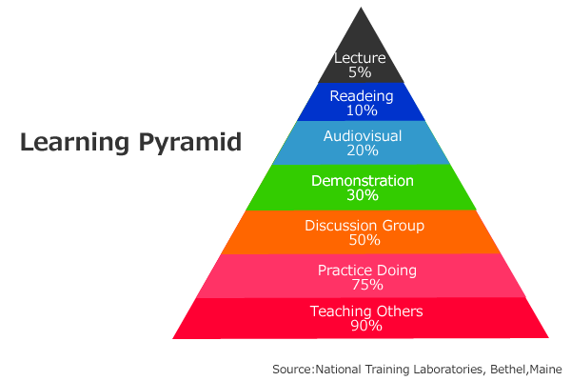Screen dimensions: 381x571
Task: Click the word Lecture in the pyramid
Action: coord(360,58)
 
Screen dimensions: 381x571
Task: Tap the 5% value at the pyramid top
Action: coord(360,72)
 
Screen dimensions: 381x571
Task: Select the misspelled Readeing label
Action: coord(362,96)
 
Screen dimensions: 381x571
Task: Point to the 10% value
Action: coord(362,110)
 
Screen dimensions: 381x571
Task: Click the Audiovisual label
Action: coord(363,136)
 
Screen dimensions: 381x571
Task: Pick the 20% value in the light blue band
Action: coord(363,150)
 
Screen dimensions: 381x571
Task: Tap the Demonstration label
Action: coord(363,180)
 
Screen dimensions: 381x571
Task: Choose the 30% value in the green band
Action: coord(363,194)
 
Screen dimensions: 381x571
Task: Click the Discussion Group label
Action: coord(364,226)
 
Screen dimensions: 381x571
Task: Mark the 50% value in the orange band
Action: coord(364,240)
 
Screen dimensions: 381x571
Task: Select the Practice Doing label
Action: coord(367,271)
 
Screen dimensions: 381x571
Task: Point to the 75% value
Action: coord(367,285)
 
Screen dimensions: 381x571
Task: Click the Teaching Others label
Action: coord(366,311)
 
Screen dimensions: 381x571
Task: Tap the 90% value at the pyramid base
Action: coord(366,326)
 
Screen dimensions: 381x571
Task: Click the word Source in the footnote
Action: coord(292,369)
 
